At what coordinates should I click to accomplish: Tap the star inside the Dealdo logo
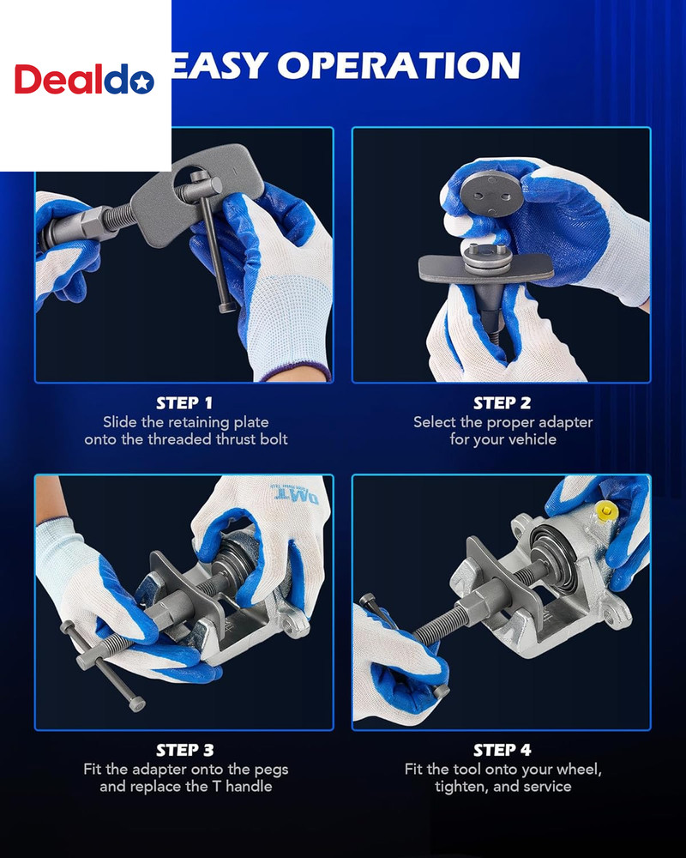coord(143,82)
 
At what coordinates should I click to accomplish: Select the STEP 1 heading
coord(184,402)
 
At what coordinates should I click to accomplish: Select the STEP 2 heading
coord(502,402)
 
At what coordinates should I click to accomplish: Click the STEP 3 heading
coord(184,750)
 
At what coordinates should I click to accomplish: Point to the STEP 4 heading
coord(502,750)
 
